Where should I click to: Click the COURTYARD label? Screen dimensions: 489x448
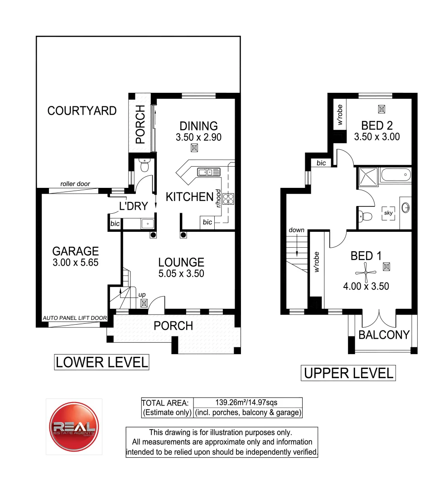coord(82,111)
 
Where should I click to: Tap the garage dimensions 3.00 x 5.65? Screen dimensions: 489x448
coord(75,262)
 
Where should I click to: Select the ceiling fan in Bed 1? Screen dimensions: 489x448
coord(365,273)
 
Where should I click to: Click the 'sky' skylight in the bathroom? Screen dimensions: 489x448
coord(388,213)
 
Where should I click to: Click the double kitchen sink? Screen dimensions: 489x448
coord(208,172)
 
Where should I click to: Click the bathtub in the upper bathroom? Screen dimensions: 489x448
coord(395,175)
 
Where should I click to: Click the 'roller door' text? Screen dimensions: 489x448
coord(75,184)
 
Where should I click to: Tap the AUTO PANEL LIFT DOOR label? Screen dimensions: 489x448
coord(74,318)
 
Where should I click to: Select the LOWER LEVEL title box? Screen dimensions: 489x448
coord(101,362)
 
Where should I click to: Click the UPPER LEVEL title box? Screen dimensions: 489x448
coord(348,374)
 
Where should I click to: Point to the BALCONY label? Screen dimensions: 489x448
coord(384,335)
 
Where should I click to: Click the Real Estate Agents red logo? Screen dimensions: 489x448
coord(73,426)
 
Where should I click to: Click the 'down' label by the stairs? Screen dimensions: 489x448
coord(297,230)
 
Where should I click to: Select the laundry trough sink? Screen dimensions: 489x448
coord(147,223)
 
